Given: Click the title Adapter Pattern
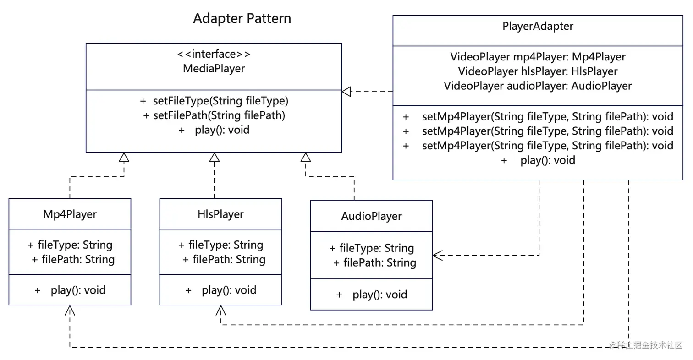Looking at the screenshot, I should coord(242,18).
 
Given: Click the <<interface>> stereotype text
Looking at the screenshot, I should coord(214,54).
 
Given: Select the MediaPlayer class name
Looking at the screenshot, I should coord(214,69).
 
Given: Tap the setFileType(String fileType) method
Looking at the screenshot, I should coord(214,100).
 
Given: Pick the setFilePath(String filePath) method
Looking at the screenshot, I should coord(214,115).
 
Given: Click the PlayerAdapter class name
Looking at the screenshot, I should coord(538,26).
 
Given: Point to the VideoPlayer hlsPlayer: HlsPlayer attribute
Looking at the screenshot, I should coord(538,71).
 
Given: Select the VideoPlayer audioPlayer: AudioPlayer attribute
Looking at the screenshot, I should coord(538,86).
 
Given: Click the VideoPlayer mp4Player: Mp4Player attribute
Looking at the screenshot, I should coord(538,57).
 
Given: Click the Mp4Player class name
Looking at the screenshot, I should coord(70,214).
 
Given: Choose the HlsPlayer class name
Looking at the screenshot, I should coord(220,214).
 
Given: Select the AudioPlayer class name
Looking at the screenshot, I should coord(371,216).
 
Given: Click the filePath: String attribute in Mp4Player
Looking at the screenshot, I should coord(73,259).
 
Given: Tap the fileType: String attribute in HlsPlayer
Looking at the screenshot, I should coord(221,245).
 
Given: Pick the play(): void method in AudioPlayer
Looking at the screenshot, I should coord(372,295).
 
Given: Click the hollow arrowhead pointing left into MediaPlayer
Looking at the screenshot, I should coord(346,92).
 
